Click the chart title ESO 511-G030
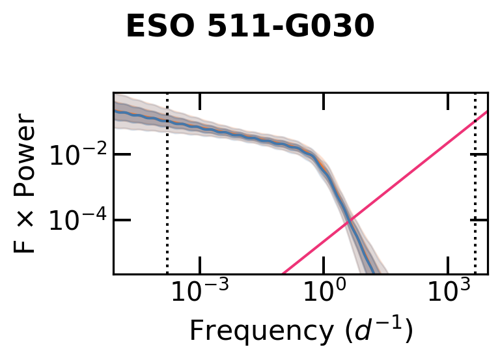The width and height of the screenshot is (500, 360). click(250, 27)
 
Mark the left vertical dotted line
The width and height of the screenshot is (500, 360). click(167, 195)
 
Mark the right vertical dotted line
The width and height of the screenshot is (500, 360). click(475, 195)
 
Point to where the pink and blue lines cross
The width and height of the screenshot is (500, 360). click(350, 221)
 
